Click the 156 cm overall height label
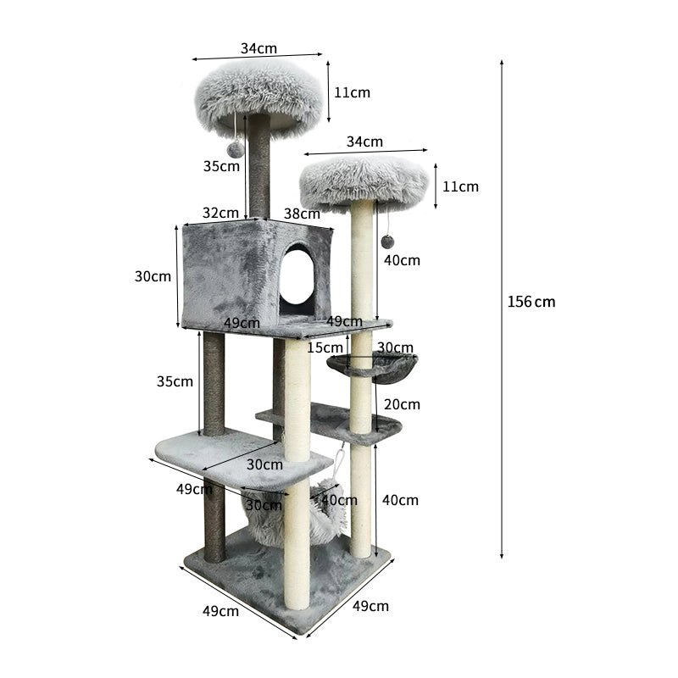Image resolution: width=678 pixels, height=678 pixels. click(x=531, y=302)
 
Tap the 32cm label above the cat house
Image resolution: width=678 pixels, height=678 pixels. click(x=220, y=213)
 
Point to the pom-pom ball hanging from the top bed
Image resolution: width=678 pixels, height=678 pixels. click(x=235, y=150)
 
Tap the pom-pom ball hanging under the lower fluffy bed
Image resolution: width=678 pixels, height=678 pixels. click(x=387, y=242)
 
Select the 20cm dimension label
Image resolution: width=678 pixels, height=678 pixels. click(x=401, y=404)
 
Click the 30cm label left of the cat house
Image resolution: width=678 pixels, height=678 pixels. click(x=153, y=276)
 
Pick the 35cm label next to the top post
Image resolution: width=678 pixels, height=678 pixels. click(x=221, y=166)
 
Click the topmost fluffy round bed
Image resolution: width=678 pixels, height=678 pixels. click(x=259, y=94)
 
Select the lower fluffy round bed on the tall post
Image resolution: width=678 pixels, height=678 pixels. click(x=364, y=181)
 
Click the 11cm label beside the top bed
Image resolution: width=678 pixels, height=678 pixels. click(x=352, y=92)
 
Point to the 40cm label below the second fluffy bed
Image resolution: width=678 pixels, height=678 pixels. click(x=401, y=260)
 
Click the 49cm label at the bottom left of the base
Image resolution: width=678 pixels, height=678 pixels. click(x=220, y=611)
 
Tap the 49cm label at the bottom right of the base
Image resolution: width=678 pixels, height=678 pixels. click(x=370, y=606)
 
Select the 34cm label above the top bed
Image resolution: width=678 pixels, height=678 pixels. click(x=258, y=48)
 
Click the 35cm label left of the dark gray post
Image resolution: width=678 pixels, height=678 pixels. click(x=175, y=381)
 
